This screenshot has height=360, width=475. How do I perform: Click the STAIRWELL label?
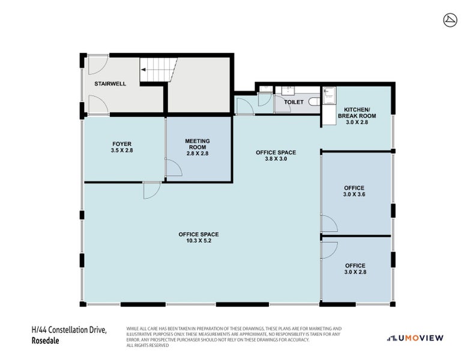(x=110, y=84)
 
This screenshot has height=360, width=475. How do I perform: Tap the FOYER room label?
(x=122, y=144)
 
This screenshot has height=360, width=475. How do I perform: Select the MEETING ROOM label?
(x=197, y=144)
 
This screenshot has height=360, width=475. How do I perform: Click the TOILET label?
(x=294, y=102)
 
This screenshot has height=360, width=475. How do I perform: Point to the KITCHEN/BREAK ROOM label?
(x=357, y=113)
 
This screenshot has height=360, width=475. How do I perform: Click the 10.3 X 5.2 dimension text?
(x=198, y=241)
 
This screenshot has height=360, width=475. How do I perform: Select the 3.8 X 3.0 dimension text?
(x=276, y=159)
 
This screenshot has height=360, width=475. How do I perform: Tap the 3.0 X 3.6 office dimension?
(x=354, y=194)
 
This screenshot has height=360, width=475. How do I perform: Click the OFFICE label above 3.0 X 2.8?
(x=355, y=266)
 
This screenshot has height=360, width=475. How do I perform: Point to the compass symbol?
(x=450, y=20)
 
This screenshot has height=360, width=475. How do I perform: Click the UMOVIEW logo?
(x=415, y=338)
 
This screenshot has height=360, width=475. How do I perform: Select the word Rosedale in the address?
(x=46, y=341)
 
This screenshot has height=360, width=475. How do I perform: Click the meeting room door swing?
(x=174, y=168)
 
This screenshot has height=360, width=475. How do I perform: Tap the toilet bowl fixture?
(x=314, y=102)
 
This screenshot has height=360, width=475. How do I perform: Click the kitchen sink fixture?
(x=329, y=95)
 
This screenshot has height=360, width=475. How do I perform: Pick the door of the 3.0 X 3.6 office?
(x=329, y=223)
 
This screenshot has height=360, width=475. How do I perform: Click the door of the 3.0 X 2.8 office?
(x=329, y=250)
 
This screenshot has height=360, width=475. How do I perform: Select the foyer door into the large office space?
(x=152, y=190)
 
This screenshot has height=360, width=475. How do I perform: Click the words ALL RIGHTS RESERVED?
(x=148, y=345)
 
